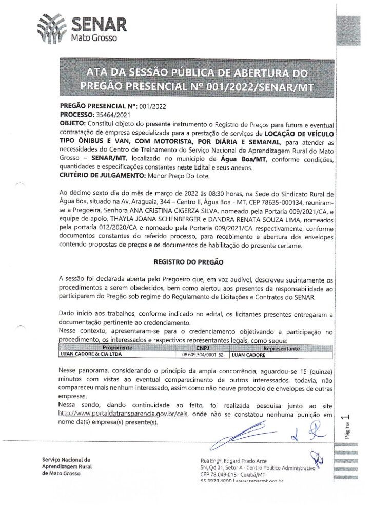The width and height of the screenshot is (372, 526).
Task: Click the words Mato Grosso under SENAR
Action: pos(94,38)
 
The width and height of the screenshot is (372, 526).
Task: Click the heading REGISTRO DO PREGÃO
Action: pos(188,261)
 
